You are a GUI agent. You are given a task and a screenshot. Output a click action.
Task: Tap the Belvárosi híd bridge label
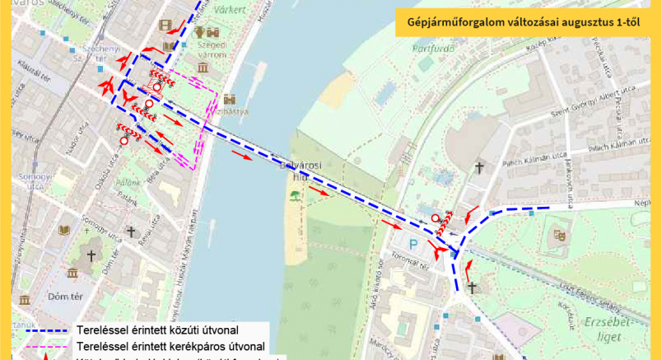[x=295, y=169]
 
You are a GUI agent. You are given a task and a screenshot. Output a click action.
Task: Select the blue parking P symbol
[x=414, y=245]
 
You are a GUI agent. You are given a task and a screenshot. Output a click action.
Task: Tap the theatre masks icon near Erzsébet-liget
[x=561, y=234]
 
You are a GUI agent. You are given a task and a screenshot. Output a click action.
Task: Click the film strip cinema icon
[x=168, y=26]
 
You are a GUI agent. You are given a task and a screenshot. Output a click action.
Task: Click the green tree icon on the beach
[x=293, y=196]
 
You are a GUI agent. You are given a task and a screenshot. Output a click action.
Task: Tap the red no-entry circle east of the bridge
[x=435, y=218]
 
